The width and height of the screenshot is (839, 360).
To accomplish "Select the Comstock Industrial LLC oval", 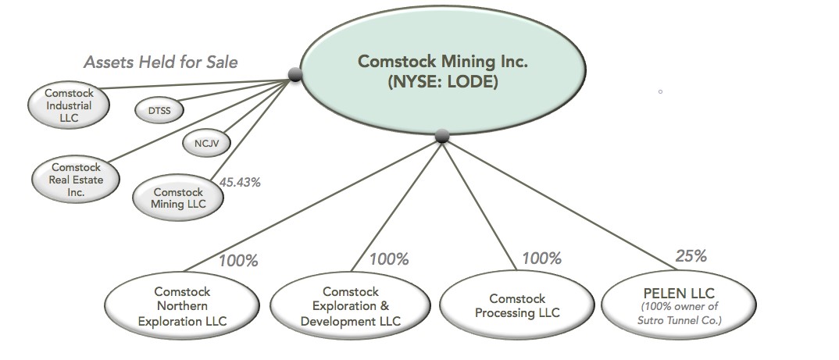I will click(x=68, y=106).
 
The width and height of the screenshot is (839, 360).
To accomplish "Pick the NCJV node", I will click(x=206, y=143).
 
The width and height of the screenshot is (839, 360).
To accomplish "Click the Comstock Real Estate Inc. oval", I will click(x=77, y=180).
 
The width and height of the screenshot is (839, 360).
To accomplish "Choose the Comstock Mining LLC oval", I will click(x=177, y=198).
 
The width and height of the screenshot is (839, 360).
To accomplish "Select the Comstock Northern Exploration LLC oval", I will click(x=182, y=306).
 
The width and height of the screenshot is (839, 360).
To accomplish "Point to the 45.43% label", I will click(x=240, y=182).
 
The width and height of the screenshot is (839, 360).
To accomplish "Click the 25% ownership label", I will click(x=691, y=255).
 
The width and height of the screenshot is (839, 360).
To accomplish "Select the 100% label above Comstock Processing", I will click(x=541, y=258).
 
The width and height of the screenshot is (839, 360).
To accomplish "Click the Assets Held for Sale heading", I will click(x=160, y=62).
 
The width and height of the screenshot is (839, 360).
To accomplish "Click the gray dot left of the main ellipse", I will click(x=295, y=75).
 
